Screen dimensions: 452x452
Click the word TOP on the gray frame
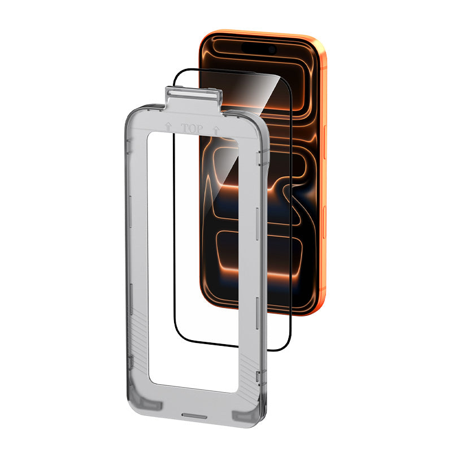192,129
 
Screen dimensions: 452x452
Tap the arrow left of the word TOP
168,127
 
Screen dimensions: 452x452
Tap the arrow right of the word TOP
216,131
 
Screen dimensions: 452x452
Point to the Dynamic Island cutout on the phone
259,49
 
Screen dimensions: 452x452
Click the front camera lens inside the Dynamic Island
272,50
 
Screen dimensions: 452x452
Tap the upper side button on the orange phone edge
324,142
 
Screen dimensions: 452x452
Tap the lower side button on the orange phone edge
324,222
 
